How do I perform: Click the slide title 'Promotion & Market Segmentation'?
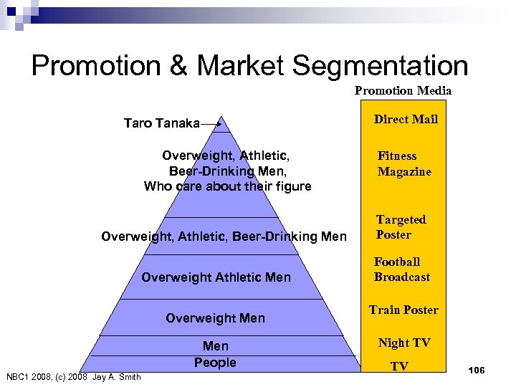coord(249,65)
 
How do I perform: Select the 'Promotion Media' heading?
coord(403,90)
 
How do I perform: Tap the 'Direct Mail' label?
coord(406,119)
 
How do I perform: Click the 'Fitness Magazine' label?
coord(404,163)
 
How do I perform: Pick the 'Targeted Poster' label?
coord(401,226)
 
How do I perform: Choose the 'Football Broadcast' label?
coord(401,269)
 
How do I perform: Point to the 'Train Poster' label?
coord(403,310)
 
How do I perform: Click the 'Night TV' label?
coord(404,343)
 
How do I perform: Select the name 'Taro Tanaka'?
coord(161,123)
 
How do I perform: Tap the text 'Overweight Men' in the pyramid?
coord(215,318)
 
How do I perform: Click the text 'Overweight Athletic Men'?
coord(216,277)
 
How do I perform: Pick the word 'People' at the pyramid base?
coord(215,363)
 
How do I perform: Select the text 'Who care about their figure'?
coord(227,186)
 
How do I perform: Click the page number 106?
coord(476,369)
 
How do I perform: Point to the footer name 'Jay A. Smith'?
coord(117,377)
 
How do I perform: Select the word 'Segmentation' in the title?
coord(379,65)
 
